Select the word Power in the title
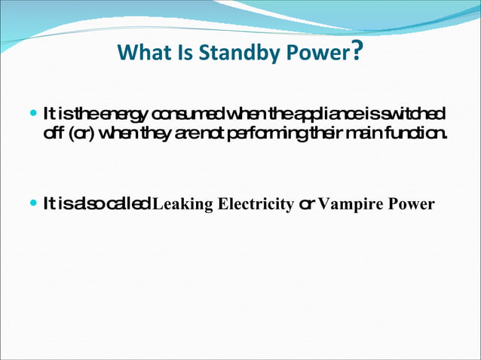coord(317,53)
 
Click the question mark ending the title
coord(359,51)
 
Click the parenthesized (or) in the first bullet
coord(80,133)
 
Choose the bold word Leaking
coord(180,204)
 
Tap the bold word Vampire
coord(353,204)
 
